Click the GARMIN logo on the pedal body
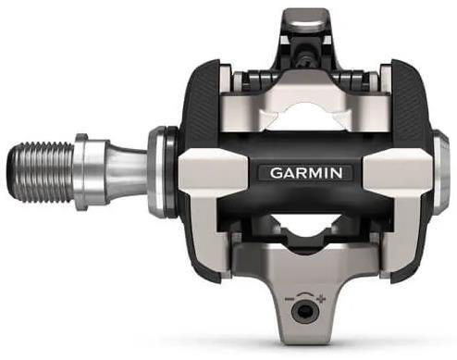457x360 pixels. pos(306,173)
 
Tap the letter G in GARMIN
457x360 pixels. pos(276,173)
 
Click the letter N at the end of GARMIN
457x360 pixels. pos(337,173)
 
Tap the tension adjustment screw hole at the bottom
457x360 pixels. pos(304,312)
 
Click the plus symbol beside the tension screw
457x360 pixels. pos(322,299)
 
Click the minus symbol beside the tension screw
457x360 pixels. pos(290,299)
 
